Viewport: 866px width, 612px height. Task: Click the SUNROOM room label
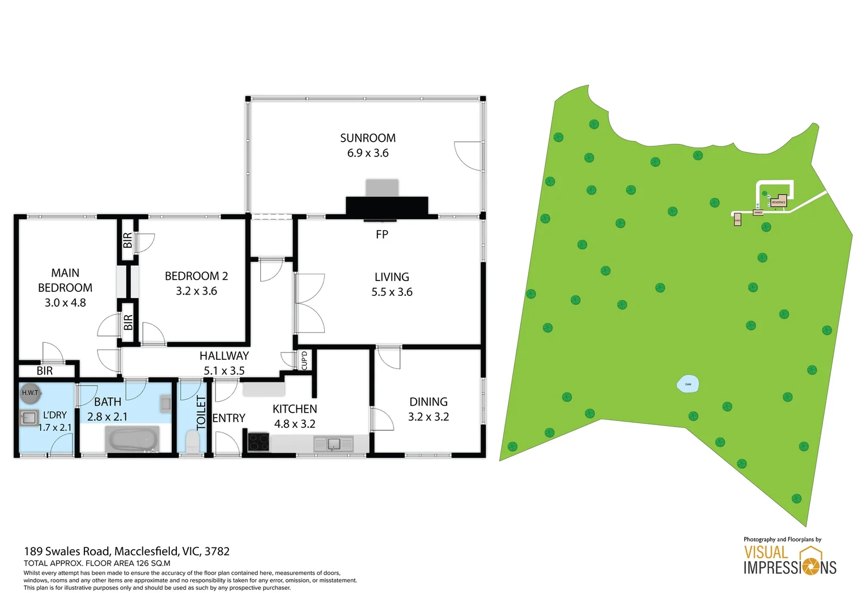368,138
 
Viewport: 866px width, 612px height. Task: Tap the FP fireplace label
382,234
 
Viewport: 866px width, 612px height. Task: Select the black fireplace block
387,207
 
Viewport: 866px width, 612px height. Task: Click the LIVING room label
392,277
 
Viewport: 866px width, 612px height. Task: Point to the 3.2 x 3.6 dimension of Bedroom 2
196,291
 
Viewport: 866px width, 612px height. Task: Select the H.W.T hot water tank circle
30,393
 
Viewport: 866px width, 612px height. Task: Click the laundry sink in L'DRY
29,418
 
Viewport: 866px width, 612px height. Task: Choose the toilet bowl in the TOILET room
192,441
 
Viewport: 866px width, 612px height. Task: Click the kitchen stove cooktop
258,442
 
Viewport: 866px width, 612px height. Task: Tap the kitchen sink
333,444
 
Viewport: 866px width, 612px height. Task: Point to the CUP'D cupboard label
304,360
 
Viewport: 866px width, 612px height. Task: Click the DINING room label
428,402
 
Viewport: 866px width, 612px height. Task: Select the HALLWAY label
224,356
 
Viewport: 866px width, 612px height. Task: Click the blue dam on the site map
688,384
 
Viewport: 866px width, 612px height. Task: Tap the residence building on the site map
779,201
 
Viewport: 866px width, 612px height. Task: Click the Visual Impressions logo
789,560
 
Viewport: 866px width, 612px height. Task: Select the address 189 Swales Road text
126,551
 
